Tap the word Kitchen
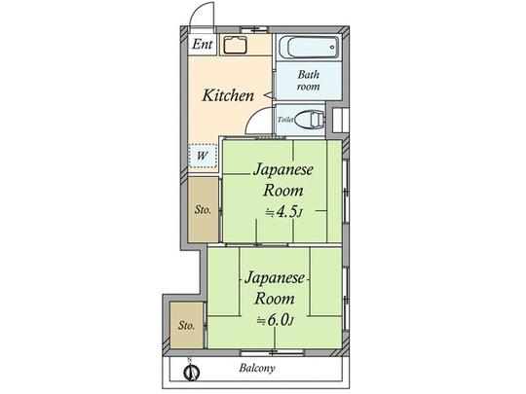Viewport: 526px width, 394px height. click(228, 95)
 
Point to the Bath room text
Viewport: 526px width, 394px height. click(309, 80)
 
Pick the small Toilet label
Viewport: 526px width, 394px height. click(285, 121)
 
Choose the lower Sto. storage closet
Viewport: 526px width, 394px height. click(185, 325)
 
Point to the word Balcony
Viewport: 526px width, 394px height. click(258, 369)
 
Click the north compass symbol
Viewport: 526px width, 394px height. click(191, 370)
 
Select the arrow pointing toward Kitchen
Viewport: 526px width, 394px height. click(266, 95)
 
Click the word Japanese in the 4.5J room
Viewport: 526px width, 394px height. click(282, 169)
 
